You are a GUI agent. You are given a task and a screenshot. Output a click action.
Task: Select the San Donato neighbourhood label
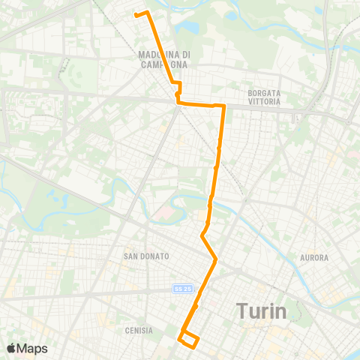tap(146, 256)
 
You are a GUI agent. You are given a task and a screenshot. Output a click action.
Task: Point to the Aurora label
tap(314, 258)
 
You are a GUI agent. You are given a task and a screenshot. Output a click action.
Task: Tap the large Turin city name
tap(262, 310)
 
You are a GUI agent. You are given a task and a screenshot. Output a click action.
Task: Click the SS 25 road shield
tap(180, 288)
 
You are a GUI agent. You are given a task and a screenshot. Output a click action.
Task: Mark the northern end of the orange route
tap(136, 14)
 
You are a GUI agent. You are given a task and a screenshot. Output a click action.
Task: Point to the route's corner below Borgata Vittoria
tap(223, 106)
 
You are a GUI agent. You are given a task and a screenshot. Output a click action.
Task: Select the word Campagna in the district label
tap(165, 64)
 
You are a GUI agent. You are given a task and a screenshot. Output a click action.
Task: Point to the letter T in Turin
tap(242, 310)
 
